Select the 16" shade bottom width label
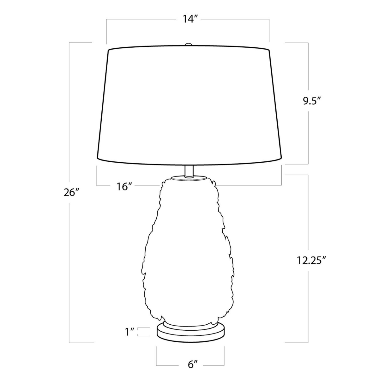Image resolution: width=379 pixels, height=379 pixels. [x=125, y=186]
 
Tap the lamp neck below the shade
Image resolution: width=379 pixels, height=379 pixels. [x=189, y=171]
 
